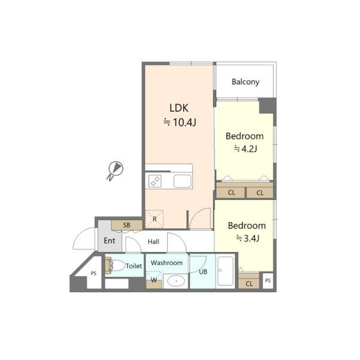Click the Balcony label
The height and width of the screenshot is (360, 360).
[x=246, y=81]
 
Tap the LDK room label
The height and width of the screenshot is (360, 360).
[x=179, y=108]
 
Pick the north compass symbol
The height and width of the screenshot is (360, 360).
[x=115, y=170]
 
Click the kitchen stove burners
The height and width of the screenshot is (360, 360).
[x=155, y=181]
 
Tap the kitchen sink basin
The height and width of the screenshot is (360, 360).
[x=182, y=181]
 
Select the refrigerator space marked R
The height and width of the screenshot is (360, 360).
[x=155, y=219]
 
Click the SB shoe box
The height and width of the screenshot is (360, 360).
[x=127, y=225]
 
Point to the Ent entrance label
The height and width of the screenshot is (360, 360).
[x=109, y=241]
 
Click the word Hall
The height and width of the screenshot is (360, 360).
[x=153, y=242]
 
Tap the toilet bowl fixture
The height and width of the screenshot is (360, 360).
[x=114, y=265]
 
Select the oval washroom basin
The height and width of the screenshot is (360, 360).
[x=176, y=281]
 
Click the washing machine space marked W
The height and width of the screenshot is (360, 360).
[x=154, y=280]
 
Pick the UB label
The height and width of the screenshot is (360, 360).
[x=203, y=272]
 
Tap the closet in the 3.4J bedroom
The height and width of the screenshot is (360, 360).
[x=249, y=281]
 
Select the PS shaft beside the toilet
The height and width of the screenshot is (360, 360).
[x=93, y=273]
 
